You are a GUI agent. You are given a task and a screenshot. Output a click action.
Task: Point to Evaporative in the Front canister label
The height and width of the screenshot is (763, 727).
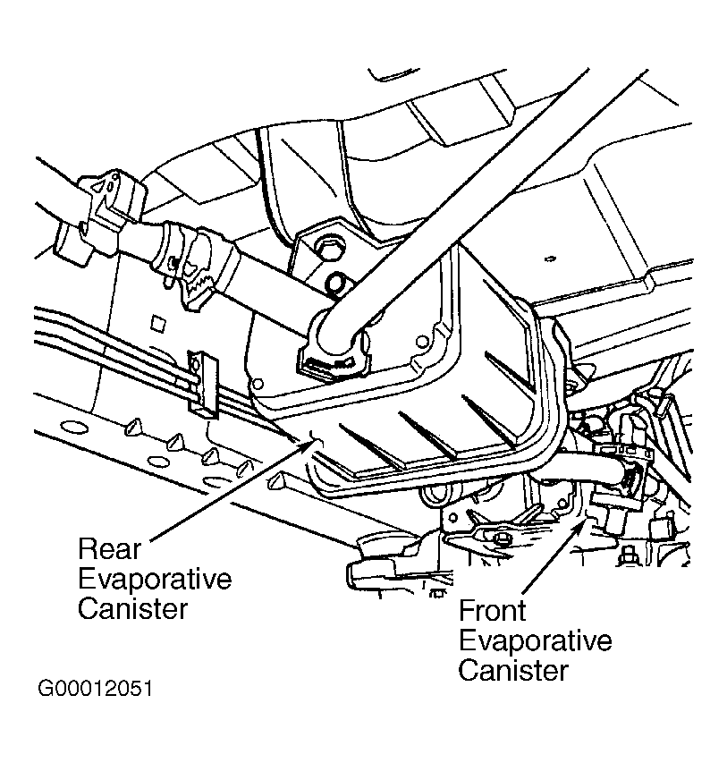coord(534,641)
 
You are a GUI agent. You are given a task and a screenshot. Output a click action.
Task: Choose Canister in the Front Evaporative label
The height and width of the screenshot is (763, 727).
coord(512,671)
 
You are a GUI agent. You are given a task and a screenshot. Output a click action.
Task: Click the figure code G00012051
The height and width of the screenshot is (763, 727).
coord(96,691)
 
